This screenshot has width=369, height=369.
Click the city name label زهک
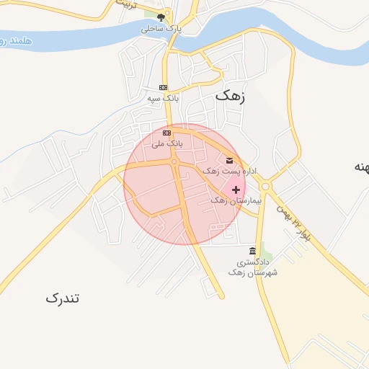231,95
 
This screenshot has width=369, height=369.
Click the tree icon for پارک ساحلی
161,18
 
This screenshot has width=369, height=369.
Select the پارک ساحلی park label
161,30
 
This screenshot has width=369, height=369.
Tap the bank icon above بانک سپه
164,87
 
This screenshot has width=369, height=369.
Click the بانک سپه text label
163,97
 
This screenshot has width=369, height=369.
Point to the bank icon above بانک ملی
167,133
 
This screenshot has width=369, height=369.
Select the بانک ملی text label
167,144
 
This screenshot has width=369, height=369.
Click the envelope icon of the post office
230,160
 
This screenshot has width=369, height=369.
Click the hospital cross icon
236,189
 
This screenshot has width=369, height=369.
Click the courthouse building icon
252,251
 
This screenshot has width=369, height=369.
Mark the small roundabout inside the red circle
174,161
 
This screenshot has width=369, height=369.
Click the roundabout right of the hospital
265,187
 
